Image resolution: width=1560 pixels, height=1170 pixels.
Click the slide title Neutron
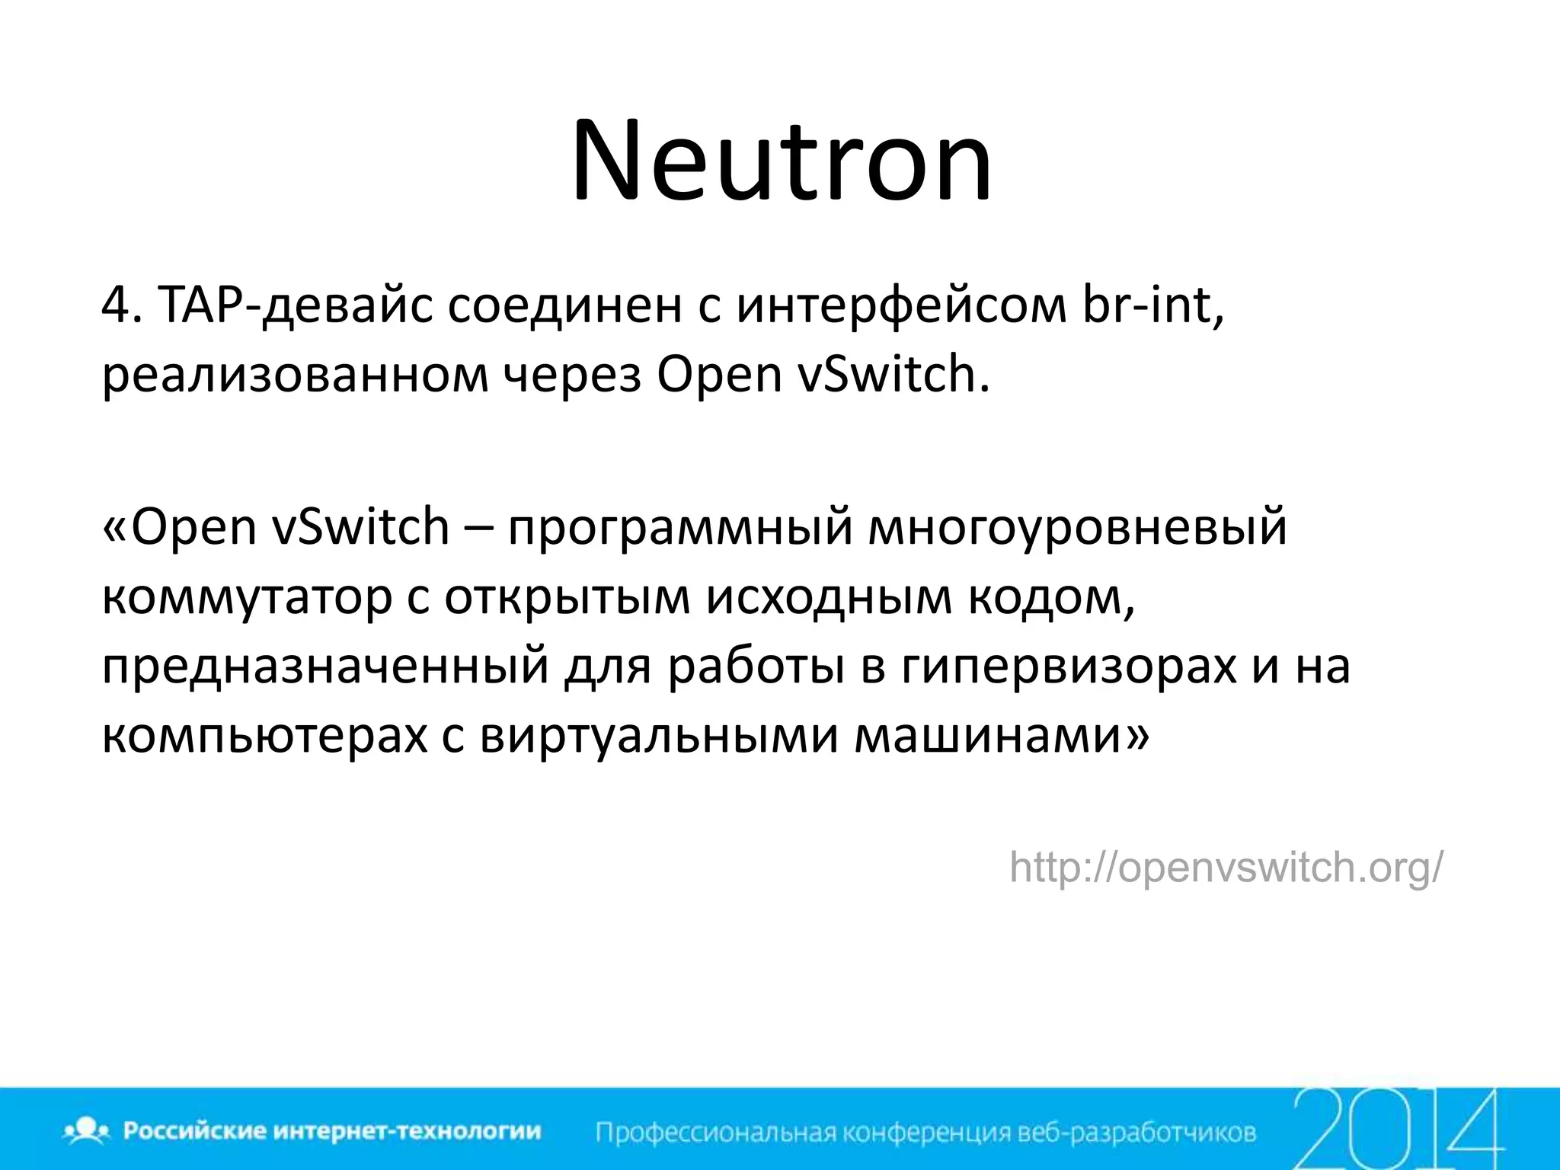(x=782, y=161)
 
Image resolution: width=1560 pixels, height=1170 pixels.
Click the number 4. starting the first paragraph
(x=122, y=306)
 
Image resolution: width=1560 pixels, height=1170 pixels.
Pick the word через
(x=573, y=376)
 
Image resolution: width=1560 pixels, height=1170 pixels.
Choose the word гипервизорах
(x=1069, y=667)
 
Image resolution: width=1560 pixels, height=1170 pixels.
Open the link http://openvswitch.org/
(x=1226, y=868)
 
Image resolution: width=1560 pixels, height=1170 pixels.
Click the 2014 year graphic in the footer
(x=1398, y=1129)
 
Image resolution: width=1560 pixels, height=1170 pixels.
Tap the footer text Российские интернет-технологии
(x=332, y=1131)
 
